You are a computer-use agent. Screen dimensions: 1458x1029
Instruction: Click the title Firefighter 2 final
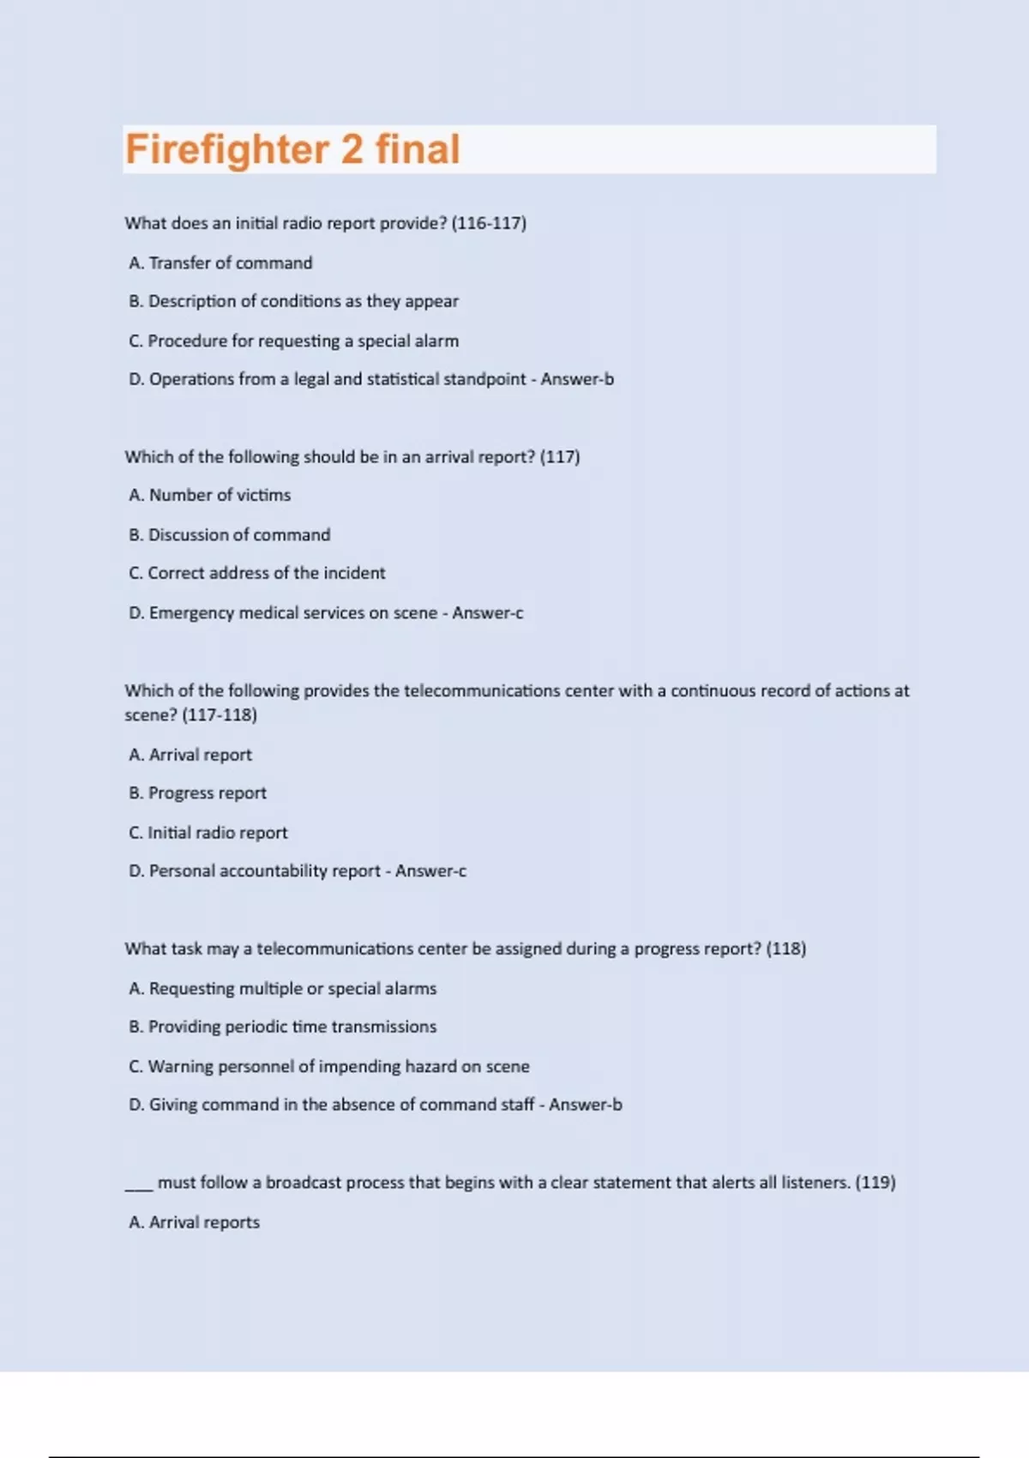point(292,149)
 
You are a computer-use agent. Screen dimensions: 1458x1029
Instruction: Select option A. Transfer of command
point(220,263)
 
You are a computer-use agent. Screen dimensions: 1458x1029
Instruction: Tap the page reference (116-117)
point(489,223)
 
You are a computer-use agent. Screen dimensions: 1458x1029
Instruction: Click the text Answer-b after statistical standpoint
point(577,379)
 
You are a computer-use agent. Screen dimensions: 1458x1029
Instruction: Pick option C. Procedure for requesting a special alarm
point(293,341)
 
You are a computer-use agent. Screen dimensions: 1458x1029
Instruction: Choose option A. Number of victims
point(210,495)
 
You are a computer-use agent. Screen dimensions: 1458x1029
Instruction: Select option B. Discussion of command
point(229,535)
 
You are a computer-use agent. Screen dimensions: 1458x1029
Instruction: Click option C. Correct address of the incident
point(257,573)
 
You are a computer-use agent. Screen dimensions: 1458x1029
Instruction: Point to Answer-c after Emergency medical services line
point(488,613)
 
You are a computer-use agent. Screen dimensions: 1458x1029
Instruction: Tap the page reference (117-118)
point(220,715)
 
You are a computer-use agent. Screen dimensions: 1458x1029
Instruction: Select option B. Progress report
point(197,793)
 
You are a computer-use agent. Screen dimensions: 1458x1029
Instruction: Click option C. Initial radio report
point(208,833)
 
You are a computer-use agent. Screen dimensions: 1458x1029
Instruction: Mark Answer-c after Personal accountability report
point(430,871)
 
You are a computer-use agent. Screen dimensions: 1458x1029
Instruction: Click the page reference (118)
point(786,949)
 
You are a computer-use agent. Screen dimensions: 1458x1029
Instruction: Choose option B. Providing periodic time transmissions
point(282,1027)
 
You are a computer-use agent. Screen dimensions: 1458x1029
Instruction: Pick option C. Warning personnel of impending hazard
point(328,1067)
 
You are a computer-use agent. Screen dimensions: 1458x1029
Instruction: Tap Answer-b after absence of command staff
point(586,1105)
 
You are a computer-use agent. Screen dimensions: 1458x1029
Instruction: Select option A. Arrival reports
point(194,1222)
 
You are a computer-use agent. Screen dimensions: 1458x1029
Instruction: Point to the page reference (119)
point(876,1183)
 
